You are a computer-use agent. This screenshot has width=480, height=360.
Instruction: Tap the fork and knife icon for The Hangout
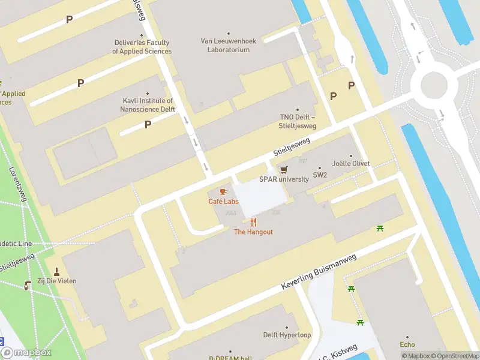point(253,223)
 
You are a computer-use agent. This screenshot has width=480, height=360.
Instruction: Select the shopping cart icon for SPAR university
point(284,170)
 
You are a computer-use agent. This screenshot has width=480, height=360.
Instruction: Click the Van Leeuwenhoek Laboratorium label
point(228,46)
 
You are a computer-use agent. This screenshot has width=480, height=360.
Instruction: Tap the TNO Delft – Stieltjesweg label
point(298,121)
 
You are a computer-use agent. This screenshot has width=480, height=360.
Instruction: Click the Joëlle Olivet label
point(351,163)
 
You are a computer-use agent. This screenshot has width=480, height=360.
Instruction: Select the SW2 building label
point(320,176)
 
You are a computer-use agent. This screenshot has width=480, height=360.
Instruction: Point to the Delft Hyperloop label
point(287,335)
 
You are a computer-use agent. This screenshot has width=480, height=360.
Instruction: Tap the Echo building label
point(407,344)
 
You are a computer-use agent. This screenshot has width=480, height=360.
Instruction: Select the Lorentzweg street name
point(18,184)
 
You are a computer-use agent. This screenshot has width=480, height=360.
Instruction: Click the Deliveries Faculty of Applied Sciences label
point(142,47)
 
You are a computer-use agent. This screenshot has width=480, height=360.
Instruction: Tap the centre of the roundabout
point(434,85)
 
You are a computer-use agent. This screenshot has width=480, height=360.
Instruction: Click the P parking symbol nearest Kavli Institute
point(148,124)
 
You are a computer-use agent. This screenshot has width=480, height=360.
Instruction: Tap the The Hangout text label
point(253,232)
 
